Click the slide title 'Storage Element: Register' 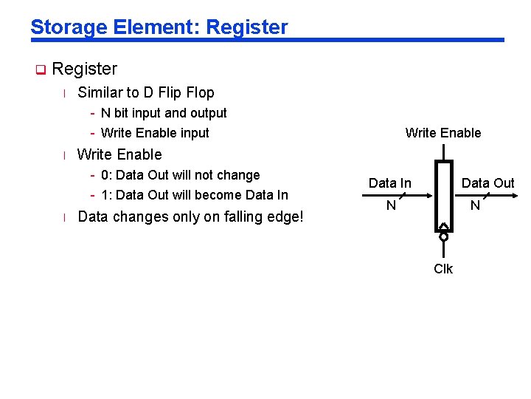point(159,27)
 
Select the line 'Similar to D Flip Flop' point(145,92)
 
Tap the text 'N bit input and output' point(164,113)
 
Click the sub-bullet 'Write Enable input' point(155,133)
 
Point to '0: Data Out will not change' point(180,175)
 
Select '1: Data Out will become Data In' point(195,195)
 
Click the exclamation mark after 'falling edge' point(301,216)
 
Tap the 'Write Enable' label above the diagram point(442,133)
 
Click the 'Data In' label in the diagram point(389,183)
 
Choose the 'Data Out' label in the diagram point(487,183)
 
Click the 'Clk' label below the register point(443,269)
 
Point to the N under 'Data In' point(391,205)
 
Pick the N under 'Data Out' point(476,205)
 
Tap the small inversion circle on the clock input point(443,237)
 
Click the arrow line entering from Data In point(398,196)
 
